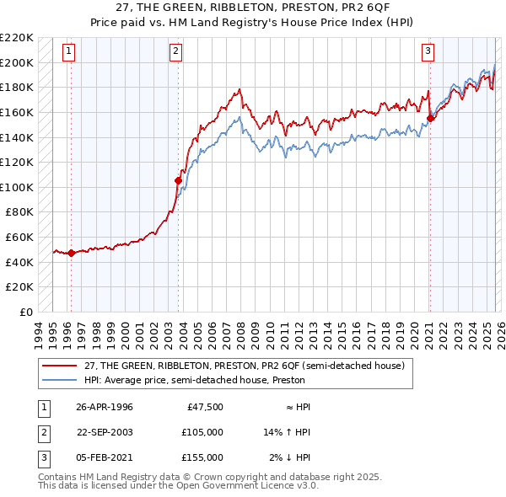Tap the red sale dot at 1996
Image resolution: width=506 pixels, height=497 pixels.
point(72,253)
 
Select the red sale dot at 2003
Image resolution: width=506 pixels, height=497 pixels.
point(178,180)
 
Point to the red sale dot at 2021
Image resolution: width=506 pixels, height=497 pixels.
point(430,118)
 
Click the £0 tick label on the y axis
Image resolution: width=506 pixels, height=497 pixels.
point(25,312)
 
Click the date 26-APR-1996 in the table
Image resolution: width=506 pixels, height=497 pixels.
point(105,408)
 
